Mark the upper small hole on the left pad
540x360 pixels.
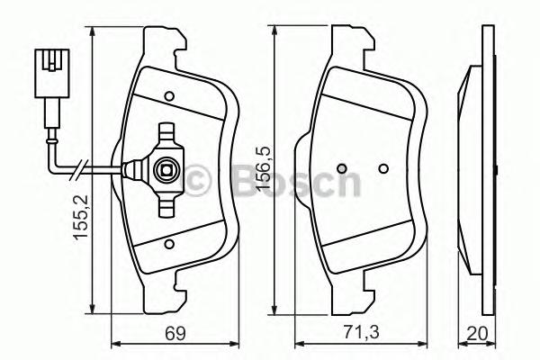(168, 95)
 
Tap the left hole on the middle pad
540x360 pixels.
(341, 168)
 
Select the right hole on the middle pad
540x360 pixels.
(382, 168)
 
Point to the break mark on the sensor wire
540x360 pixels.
(82, 167)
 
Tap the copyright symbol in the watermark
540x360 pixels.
(196, 182)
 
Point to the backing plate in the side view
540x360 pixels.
(488, 168)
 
